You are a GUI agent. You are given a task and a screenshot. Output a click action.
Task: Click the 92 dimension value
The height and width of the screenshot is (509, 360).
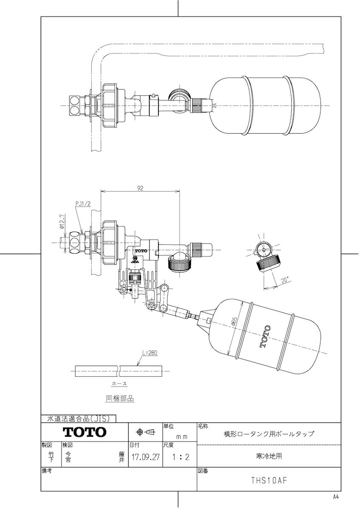coord(140,189)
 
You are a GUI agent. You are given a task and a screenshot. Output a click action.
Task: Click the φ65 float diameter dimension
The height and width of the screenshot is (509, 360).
coord(234,324)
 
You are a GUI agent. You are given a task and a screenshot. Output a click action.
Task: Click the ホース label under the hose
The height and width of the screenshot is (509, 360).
coord(119,383)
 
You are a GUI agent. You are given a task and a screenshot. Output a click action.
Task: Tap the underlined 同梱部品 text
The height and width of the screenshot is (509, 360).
coord(119,398)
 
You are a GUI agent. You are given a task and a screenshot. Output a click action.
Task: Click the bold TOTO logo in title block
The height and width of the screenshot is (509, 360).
coord(84,432)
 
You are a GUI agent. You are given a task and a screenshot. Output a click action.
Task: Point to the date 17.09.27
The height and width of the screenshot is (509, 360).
coord(145,458)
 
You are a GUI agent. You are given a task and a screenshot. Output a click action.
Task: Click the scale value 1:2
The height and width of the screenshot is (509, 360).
coord(179,458)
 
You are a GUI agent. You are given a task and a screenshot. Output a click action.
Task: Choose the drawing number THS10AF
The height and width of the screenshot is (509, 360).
coord(269,481)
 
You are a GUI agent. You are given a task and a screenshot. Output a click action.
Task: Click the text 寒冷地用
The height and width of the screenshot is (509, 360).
coord(269,456)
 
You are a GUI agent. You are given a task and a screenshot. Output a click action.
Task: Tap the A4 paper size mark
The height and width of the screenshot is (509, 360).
coord(336,497)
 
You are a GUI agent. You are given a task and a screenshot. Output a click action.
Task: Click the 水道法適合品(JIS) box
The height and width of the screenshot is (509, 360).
coord(79,418)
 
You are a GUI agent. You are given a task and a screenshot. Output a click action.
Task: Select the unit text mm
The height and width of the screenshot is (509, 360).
coord(182,436)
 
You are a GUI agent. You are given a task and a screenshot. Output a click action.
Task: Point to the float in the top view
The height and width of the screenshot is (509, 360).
coord(251,104)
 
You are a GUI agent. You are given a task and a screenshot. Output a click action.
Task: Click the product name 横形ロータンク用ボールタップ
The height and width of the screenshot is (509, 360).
coord(269,434)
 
